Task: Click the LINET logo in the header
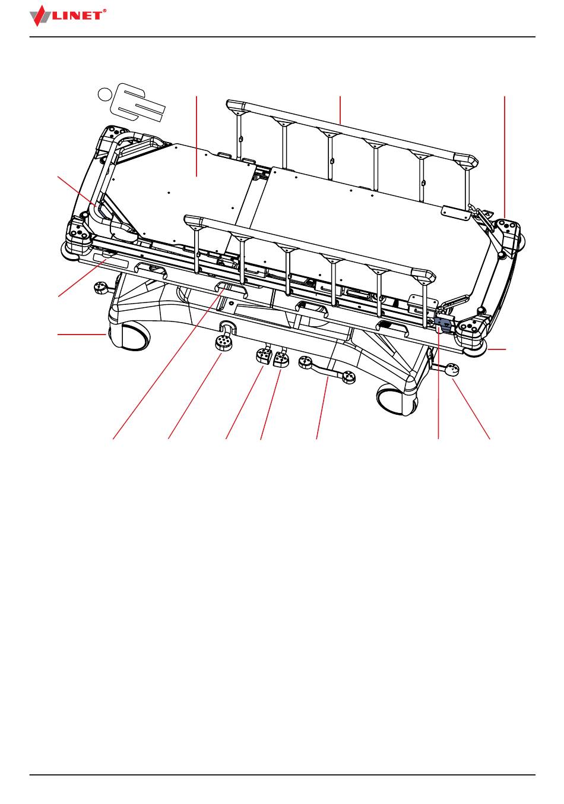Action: (x=68, y=15)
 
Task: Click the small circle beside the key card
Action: (x=104, y=93)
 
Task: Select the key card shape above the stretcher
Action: (x=140, y=104)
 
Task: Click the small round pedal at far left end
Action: (x=101, y=289)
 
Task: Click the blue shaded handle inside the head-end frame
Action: (x=102, y=209)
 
